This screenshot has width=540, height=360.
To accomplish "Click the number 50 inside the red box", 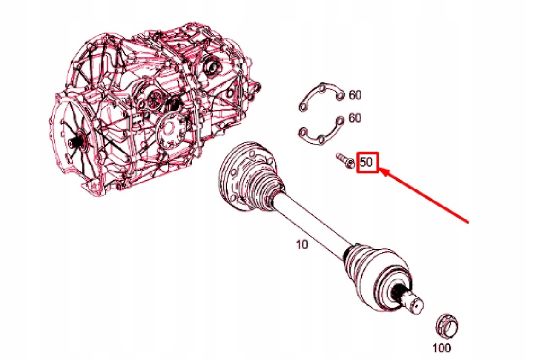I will pos(367,162).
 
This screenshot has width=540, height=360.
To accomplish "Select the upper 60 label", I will pos(355,95).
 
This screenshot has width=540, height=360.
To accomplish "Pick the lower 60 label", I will pos(355,119).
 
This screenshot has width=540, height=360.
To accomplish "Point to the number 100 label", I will pos(441,348).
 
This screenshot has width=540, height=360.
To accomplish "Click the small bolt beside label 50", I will pos(344,160).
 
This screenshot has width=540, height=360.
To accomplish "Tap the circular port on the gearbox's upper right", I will pos(213,67).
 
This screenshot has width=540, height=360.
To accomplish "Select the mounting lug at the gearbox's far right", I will pos(255,89).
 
